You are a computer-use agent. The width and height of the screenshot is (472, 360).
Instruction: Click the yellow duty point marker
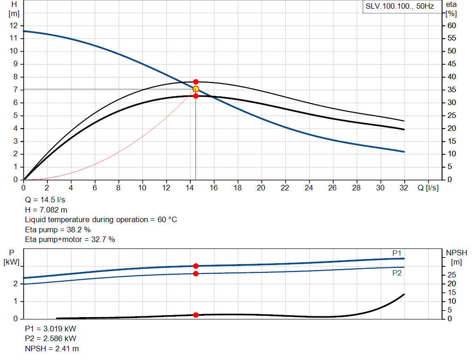[196, 89]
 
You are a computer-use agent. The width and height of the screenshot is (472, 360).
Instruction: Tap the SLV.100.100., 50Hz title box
[400, 7]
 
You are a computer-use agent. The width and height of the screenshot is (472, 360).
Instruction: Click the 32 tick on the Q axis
[404, 188]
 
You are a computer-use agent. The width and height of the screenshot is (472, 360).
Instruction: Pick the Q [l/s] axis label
[427, 188]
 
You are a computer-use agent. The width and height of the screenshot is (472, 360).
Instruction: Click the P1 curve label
[397, 253]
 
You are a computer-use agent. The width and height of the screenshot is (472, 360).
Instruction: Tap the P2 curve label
[397, 273]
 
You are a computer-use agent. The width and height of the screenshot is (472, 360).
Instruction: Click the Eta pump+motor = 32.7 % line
[70, 239]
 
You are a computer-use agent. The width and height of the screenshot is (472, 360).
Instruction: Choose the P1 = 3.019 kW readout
[51, 330]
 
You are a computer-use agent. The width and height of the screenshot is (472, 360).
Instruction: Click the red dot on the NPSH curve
[196, 315]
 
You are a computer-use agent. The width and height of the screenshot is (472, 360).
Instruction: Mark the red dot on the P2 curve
[196, 274]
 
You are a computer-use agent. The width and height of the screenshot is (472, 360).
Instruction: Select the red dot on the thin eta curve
[196, 82]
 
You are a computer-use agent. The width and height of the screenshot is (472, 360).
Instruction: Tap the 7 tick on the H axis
[15, 90]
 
